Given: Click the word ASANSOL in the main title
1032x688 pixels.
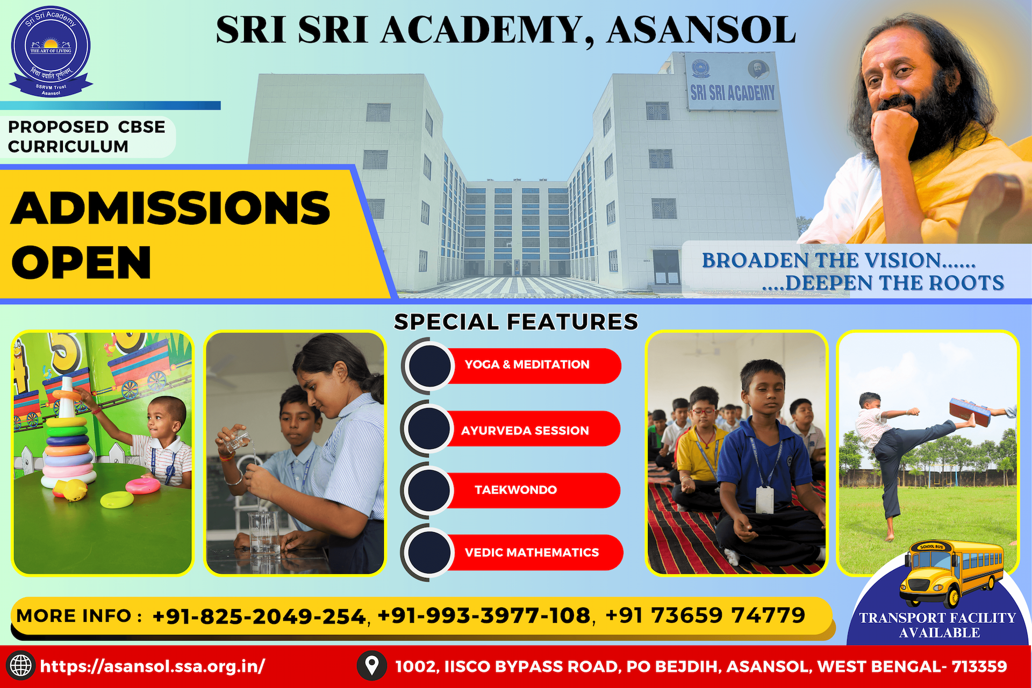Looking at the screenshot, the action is pos(701,30).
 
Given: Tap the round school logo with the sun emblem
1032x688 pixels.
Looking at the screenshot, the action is pos(51,51).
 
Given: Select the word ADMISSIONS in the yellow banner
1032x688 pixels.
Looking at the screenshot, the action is pos(170,208).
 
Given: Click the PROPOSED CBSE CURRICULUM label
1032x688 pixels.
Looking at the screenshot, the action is pos(87,137).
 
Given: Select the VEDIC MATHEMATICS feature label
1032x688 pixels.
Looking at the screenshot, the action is pos(532,553).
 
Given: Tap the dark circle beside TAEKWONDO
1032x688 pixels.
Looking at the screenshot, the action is pos(429,490).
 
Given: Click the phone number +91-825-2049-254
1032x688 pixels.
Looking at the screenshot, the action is pos(259,616).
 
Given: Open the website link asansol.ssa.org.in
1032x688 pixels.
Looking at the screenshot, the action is pos(153,666).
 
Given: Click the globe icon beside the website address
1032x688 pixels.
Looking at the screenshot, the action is pos(21,665).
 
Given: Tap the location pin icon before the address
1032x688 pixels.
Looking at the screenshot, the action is pos(371,665).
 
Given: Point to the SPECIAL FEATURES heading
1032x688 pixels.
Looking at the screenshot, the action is pos(516,321).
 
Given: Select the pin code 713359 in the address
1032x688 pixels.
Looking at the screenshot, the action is pos(979,666).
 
